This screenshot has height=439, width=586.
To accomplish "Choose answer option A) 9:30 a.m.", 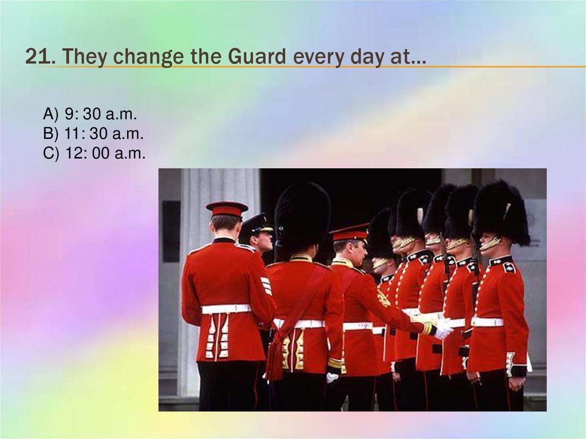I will pyautogui.click(x=90, y=114).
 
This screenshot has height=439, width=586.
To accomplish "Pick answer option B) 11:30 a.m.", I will pyautogui.click(x=93, y=134).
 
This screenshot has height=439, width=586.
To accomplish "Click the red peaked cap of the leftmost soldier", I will pyautogui.click(x=227, y=208).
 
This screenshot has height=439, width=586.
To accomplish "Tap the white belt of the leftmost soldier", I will pyautogui.click(x=226, y=309).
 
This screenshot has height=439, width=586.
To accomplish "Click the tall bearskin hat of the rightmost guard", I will pyautogui.click(x=501, y=211).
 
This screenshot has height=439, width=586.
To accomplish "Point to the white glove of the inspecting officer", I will pyautogui.click(x=443, y=331).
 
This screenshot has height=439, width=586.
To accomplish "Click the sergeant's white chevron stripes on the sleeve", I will pyautogui.click(x=266, y=285).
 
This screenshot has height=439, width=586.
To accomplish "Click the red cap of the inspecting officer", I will pyautogui.click(x=350, y=232).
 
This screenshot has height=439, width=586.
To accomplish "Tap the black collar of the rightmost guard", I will pyautogui.click(x=500, y=261).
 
